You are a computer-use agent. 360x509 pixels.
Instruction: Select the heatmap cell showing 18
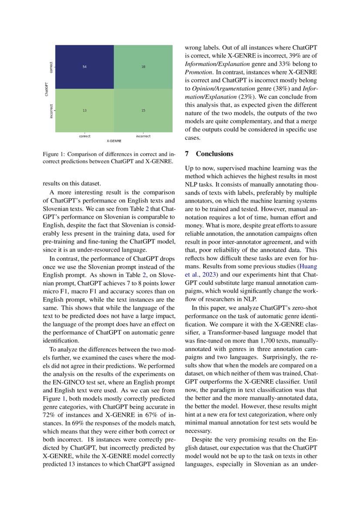coord(143,67)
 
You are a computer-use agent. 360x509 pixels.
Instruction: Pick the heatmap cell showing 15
coord(143,111)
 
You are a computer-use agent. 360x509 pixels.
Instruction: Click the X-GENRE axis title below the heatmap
coord(114,141)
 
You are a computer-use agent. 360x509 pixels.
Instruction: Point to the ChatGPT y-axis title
coord(47,89)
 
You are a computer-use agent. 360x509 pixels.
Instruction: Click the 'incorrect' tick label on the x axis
coord(143,136)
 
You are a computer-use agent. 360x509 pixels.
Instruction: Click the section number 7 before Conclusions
coord(187,154)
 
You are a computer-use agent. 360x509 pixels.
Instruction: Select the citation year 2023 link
coord(208,275)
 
